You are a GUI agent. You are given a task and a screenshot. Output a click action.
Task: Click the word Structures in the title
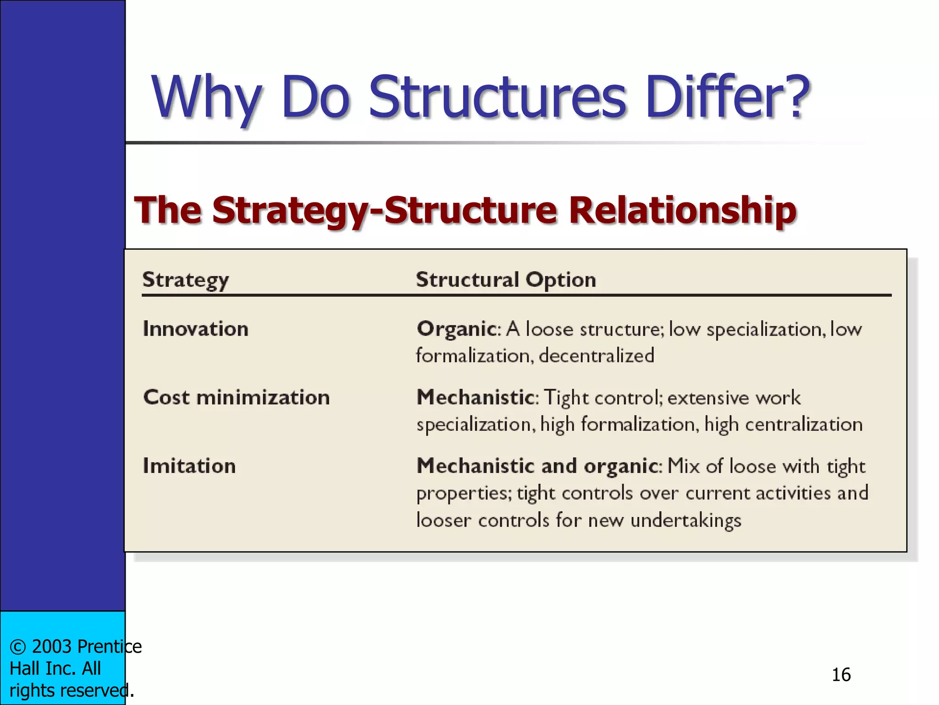(497, 97)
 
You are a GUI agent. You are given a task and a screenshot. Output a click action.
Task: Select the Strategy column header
(185, 280)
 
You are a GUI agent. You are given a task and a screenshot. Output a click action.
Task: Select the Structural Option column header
(506, 280)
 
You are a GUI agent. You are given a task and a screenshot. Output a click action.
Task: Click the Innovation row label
(196, 329)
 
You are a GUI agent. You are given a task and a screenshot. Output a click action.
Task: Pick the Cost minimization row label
(237, 397)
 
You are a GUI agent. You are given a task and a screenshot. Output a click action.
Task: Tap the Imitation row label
(189, 466)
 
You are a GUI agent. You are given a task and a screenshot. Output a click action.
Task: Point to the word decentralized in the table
(597, 356)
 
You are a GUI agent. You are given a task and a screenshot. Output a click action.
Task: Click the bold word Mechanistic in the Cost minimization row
(475, 397)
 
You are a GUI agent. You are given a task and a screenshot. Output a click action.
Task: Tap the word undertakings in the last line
(685, 520)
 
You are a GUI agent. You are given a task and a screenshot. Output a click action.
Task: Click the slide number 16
(841, 675)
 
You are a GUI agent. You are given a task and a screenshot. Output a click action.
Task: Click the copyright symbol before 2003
(17, 647)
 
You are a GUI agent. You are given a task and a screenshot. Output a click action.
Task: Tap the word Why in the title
(206, 97)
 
